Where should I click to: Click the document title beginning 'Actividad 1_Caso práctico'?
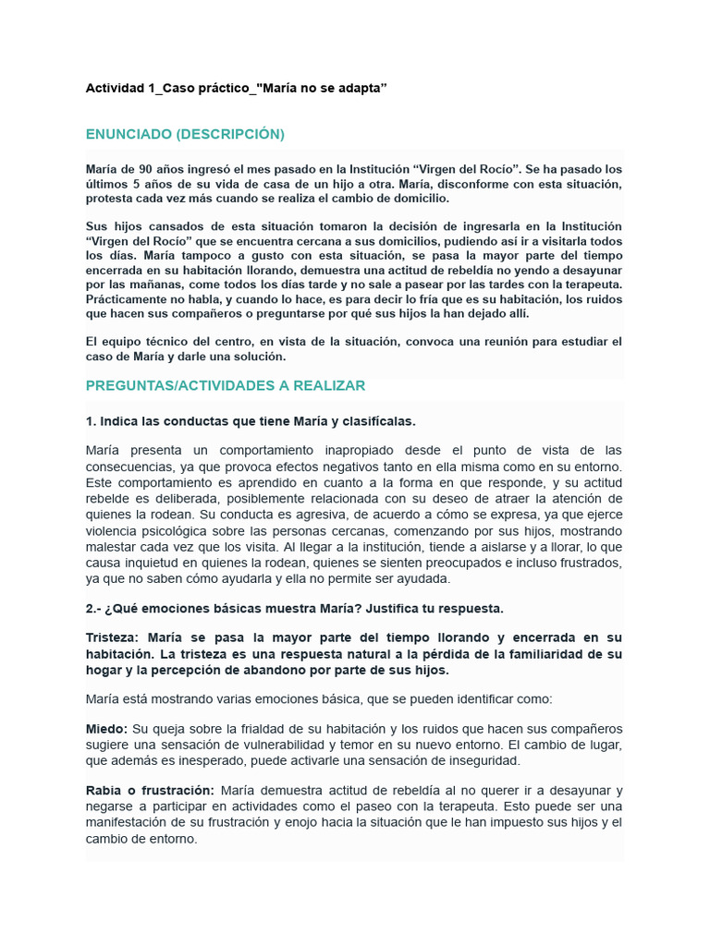click(x=236, y=88)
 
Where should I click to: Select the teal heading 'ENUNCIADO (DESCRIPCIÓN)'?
click(x=185, y=135)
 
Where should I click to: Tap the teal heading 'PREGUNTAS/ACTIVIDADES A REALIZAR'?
click(x=225, y=385)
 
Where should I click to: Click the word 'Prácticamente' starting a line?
click(x=129, y=299)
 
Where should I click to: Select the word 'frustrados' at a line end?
click(x=588, y=563)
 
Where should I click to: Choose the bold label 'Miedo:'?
click(x=106, y=729)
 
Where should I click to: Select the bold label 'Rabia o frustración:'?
click(x=150, y=791)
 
